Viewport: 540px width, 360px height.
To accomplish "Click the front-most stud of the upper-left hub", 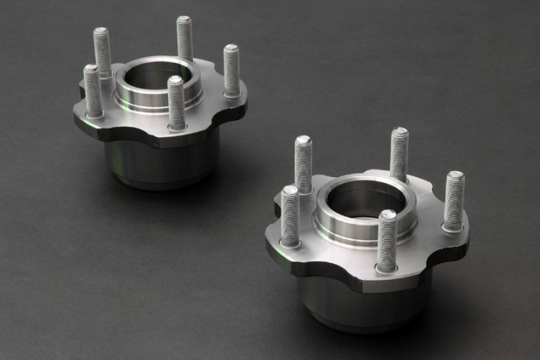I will pos(176,102).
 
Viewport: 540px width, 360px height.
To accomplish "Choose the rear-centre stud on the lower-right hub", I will pos(399,154).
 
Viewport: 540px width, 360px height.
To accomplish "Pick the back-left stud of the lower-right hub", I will pos(303,163).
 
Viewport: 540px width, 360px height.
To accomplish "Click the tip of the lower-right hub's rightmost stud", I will pos(455,176).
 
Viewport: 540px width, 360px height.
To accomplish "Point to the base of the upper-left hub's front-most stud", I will pos(177,124).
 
